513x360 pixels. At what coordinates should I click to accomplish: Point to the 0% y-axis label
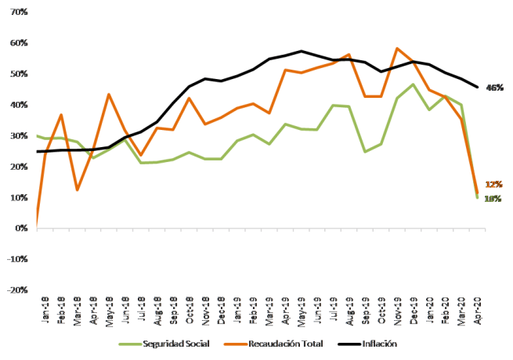[x=20, y=229]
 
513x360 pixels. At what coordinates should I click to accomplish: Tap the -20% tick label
[x=16, y=290]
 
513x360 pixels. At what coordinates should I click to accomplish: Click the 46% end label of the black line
[x=494, y=88]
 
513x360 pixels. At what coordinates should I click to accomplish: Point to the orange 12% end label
[x=494, y=185]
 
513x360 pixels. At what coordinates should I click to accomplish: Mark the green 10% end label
[x=493, y=199]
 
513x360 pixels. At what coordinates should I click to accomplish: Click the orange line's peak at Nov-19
[x=398, y=49]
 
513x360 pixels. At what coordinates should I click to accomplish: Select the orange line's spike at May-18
[x=108, y=95]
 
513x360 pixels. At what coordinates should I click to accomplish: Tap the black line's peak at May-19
[x=301, y=51]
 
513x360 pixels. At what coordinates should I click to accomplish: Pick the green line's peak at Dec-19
[x=413, y=85]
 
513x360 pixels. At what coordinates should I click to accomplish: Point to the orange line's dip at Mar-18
[x=78, y=189]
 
